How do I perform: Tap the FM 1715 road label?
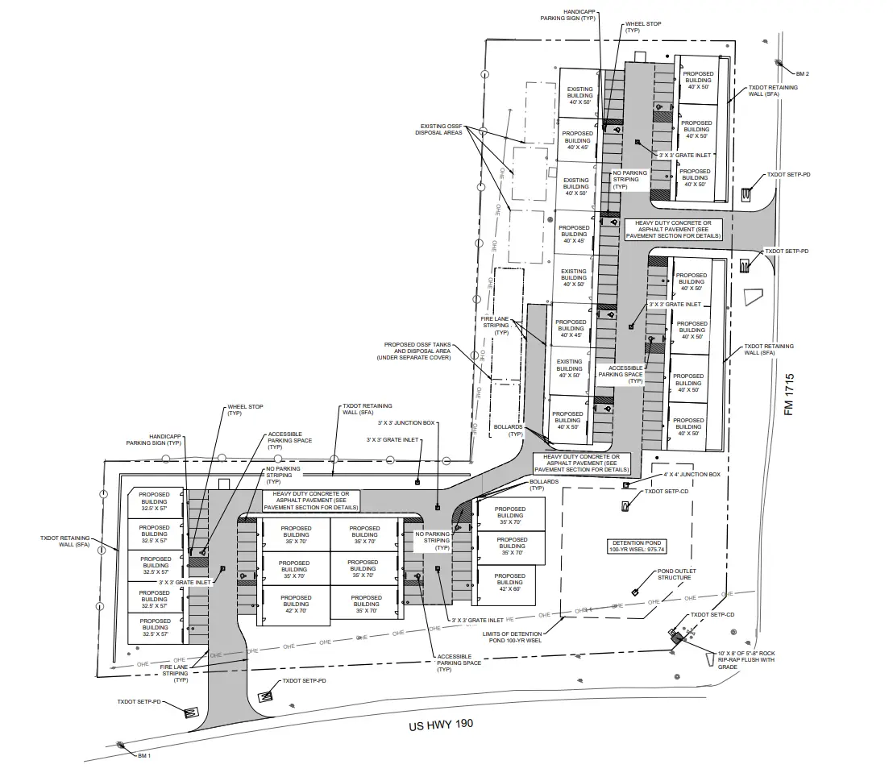tap(790, 394)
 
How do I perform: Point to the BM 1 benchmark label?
tap(144, 756)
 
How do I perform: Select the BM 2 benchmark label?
tap(802, 73)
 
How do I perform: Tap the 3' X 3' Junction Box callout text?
tap(406, 422)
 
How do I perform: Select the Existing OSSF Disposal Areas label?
tap(439, 130)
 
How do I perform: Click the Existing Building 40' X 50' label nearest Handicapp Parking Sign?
tap(579, 96)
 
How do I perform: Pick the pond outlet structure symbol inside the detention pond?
tap(634, 592)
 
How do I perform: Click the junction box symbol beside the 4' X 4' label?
tap(625, 485)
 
